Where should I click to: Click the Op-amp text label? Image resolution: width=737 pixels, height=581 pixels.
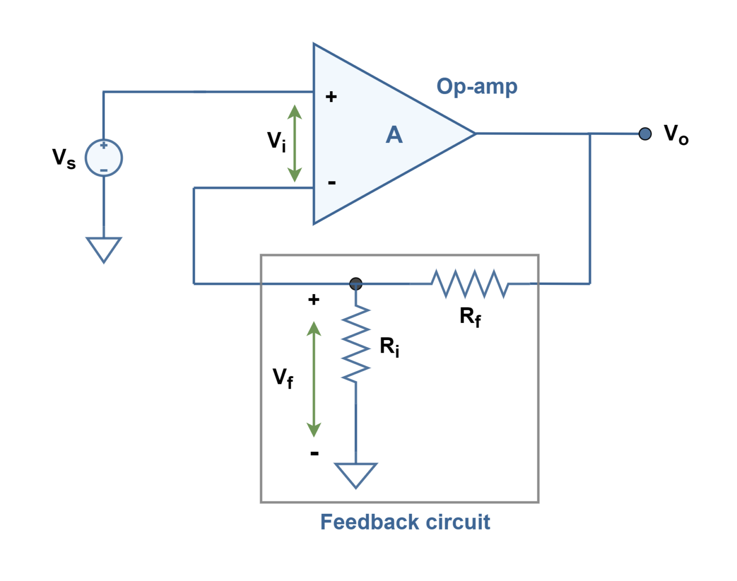coord(477,87)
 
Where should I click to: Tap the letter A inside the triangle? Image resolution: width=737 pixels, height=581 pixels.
coord(394,135)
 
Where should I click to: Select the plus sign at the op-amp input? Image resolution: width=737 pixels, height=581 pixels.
coord(331,97)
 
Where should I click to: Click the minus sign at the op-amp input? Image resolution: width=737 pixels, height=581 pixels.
coord(332,183)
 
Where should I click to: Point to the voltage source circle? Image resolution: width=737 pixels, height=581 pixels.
coord(104,158)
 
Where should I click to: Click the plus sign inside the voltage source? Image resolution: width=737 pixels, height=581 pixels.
coord(104,145)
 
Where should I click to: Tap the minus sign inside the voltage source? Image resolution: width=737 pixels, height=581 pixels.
coord(104,170)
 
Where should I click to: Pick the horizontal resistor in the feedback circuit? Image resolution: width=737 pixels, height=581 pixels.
coord(470,284)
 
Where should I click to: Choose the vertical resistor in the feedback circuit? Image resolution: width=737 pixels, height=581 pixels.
coord(356,343)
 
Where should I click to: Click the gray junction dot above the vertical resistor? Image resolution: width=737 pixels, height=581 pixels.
coord(356,284)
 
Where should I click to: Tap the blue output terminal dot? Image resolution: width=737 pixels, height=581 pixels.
coord(645,134)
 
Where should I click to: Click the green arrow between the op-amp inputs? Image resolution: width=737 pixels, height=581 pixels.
coord(295,143)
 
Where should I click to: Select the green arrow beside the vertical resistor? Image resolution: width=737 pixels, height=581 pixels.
coord(314,379)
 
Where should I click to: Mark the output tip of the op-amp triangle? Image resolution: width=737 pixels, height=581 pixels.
coord(474,134)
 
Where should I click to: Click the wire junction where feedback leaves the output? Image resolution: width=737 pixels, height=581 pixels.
coord(590,134)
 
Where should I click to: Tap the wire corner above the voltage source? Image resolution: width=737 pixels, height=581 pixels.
coord(104,92)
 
